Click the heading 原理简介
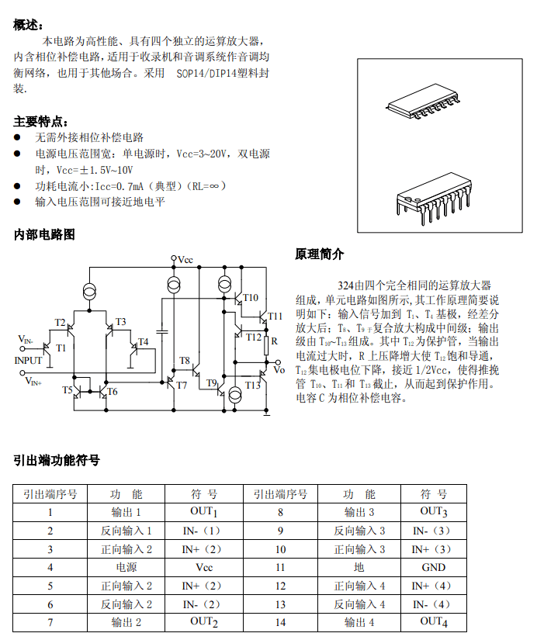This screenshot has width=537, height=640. pyautogui.click(x=320, y=254)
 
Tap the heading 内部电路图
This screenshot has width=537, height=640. pyautogui.click(x=44, y=234)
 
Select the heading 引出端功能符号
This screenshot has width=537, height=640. pyautogui.click(x=57, y=460)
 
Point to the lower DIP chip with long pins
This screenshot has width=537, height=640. pyautogui.click(x=435, y=195)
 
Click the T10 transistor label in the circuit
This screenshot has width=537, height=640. pyautogui.click(x=250, y=297)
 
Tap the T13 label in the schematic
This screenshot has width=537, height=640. pyautogui.click(x=253, y=385)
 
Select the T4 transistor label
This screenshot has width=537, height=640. pyautogui.click(x=143, y=342)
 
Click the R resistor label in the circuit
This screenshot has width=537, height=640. pyautogui.click(x=274, y=340)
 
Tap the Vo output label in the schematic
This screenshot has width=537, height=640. pyautogui.click(x=279, y=369)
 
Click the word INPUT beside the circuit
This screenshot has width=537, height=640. pyautogui.click(x=29, y=360)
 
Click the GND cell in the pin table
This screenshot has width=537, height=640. pyautogui.click(x=433, y=567)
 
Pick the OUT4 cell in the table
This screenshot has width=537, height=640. pyautogui.click(x=433, y=621)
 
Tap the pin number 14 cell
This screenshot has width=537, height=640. pyautogui.click(x=280, y=622)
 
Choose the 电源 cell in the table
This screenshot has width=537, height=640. pyautogui.click(x=126, y=567)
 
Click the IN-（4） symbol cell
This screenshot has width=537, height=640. pyautogui.click(x=431, y=604)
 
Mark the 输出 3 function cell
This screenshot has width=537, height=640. pyautogui.click(x=359, y=512)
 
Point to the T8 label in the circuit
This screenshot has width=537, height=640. pyautogui.click(x=185, y=360)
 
